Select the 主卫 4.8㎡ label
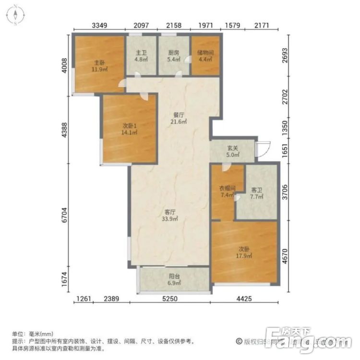[141, 57]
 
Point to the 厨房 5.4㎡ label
[174, 57]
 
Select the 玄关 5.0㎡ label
[233, 151]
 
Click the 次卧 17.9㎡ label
[244, 252]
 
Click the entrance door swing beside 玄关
[263, 149]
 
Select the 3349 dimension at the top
[98, 24]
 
